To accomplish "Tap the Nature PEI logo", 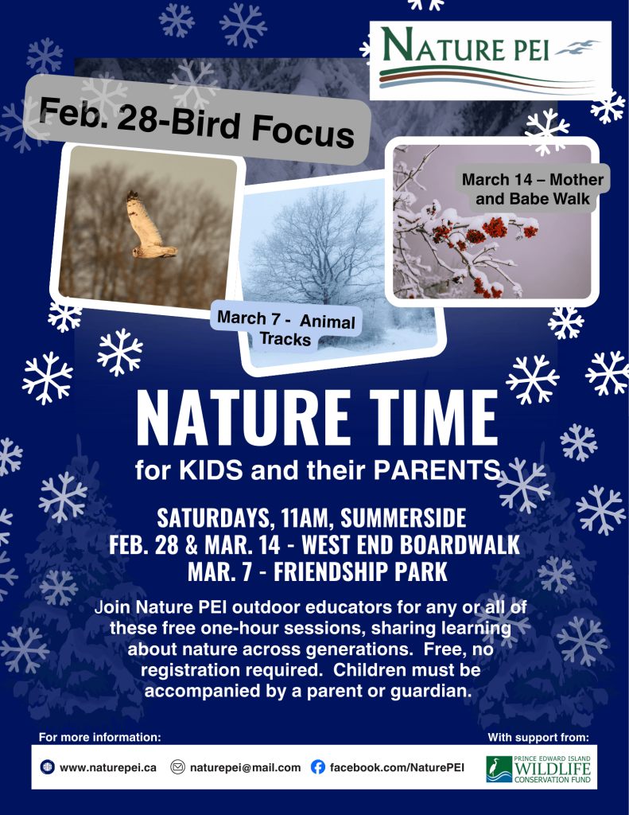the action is (491, 60).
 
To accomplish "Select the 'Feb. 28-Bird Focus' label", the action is (196, 121).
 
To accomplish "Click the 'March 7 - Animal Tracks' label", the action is (285, 328).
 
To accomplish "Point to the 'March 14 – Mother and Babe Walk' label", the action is (533, 189).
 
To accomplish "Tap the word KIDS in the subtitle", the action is (212, 470).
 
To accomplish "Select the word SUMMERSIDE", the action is (403, 517).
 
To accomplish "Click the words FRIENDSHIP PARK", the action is (360, 571).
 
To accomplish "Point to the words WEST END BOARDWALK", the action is (411, 544).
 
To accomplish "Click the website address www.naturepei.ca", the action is (108, 768).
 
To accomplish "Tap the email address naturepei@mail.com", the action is (245, 768).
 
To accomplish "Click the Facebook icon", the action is (318, 767).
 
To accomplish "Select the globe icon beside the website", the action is (47, 767).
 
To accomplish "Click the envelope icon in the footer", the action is (177, 767).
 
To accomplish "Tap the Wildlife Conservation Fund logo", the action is (538, 769).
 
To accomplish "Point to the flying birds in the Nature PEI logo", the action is (577, 48).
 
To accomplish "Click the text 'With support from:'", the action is (538, 737).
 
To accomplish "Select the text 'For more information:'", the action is (99, 737).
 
